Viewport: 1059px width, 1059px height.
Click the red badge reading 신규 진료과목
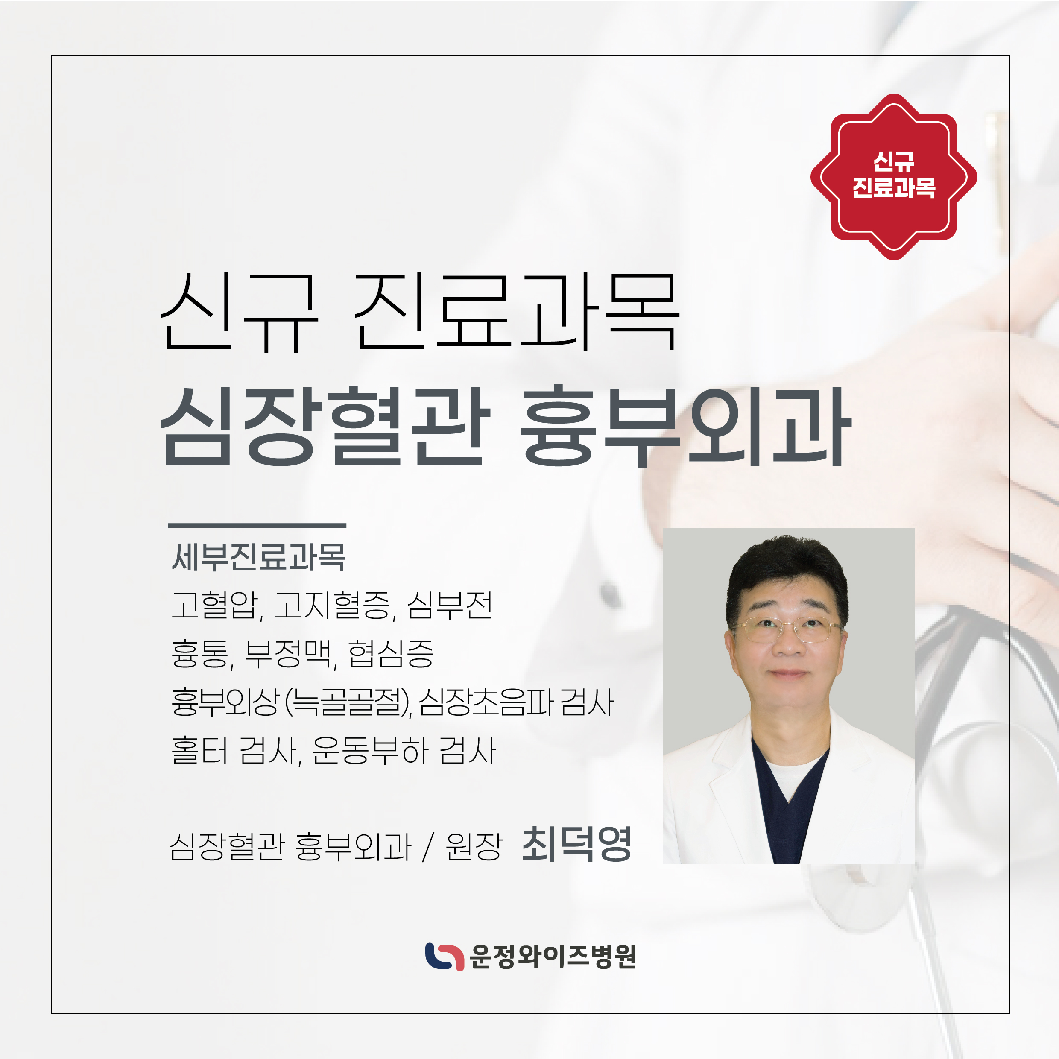tap(893, 176)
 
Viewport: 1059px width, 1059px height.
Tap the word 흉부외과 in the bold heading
tap(686, 427)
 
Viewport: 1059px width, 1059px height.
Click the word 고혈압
tap(215, 605)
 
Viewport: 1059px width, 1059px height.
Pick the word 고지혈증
tap(332, 605)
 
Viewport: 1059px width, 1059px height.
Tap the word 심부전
tap(450, 605)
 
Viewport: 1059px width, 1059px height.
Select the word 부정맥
tap(288, 653)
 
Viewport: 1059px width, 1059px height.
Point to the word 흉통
tap(200, 653)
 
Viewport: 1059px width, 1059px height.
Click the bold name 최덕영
tap(576, 844)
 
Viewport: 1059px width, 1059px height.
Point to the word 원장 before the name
tap(474, 846)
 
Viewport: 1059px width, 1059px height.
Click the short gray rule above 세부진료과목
tap(257, 525)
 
